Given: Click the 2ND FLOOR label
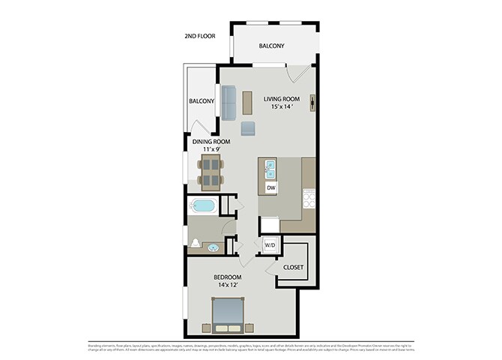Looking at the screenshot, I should point(200,36).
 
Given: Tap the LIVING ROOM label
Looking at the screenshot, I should point(282,98).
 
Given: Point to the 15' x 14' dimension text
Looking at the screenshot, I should point(281,107).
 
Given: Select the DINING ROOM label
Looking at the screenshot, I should point(211,141).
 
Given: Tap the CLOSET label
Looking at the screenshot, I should point(293,266).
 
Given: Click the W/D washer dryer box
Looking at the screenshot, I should point(269,244).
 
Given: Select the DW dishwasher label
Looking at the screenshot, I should point(270,186).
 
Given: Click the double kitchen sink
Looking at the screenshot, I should point(270,167).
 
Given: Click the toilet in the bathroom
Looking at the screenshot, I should point(196,243).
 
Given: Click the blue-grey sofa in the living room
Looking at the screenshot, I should point(229,102).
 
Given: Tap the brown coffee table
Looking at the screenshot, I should point(248,103).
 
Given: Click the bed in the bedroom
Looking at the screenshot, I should point(227,314).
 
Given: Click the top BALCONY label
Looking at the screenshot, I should point(271,46).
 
